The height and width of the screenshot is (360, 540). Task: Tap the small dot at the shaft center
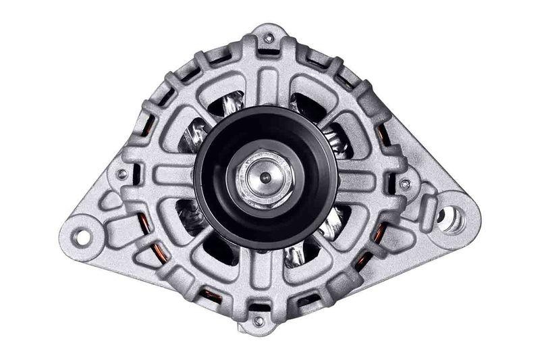pyautogui.click(x=265, y=178)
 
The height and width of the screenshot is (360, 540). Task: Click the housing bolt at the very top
pyautogui.click(x=269, y=38)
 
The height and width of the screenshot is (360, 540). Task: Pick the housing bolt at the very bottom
pyautogui.click(x=259, y=320)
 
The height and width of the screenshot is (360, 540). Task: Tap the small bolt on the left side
pyautogui.click(x=122, y=174)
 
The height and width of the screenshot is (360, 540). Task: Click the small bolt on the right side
pyautogui.click(x=404, y=183)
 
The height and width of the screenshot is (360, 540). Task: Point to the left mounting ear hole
pyautogui.click(x=82, y=237)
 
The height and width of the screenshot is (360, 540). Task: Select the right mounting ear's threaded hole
pyautogui.click(x=450, y=217)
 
